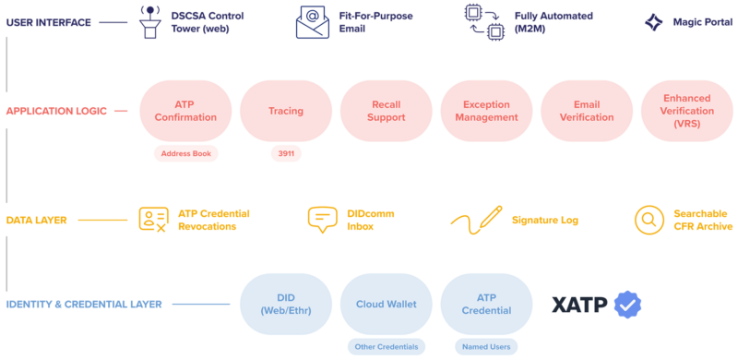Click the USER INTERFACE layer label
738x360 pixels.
pyautogui.click(x=49, y=21)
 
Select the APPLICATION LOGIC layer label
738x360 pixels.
pyautogui.click(x=55, y=111)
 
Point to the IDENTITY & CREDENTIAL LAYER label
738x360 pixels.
pyautogui.click(x=84, y=304)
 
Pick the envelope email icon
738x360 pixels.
pyautogui.click(x=312, y=22)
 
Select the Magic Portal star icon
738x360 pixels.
pyautogui.click(x=653, y=22)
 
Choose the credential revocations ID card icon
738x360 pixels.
pyautogui.click(x=153, y=219)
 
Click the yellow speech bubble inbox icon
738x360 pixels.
pyautogui.click(x=322, y=219)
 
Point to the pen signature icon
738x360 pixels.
pyautogui.click(x=476, y=220)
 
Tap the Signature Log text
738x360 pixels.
pyautogui.click(x=544, y=220)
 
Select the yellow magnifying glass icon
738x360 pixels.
pyautogui.click(x=649, y=220)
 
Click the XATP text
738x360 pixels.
pyautogui.click(x=579, y=305)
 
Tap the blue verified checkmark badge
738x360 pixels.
pyautogui.click(x=628, y=305)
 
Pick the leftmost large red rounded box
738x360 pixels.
pyautogui.click(x=185, y=111)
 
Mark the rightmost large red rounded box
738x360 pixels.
pyautogui.click(x=686, y=111)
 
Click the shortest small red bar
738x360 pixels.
pyautogui.click(x=286, y=153)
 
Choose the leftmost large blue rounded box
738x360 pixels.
pyautogui.click(x=286, y=304)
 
